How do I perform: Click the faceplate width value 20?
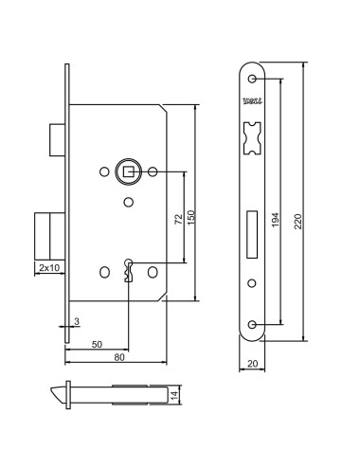tap(252, 362)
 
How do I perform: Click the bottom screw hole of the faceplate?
tap(252, 324)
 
